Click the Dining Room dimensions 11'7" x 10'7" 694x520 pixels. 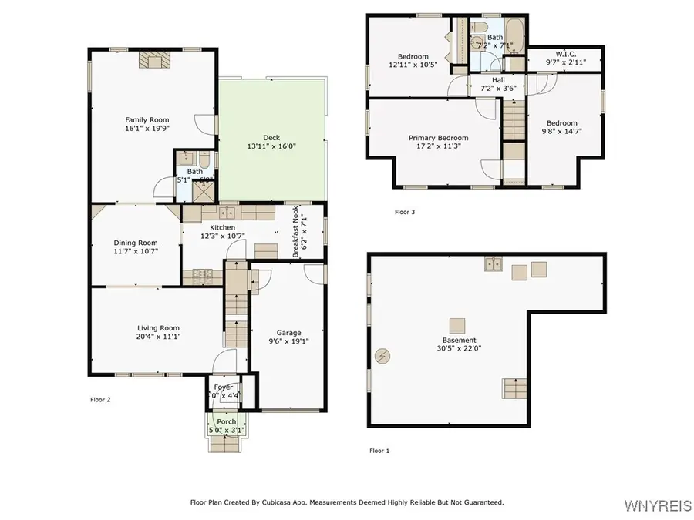136,251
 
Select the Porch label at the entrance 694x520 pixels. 226,421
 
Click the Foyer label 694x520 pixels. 224,387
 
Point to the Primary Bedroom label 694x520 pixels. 438,138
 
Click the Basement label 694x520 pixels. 459,340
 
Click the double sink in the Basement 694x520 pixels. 494,266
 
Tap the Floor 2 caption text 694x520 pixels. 101,400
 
